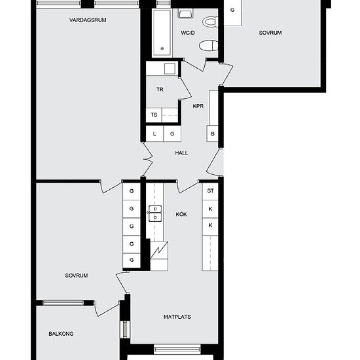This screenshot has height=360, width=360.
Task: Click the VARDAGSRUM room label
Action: (x=88, y=20)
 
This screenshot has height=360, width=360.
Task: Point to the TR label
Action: (x=159, y=90)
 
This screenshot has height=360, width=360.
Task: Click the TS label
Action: (x=154, y=115)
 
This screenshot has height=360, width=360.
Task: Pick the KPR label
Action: (x=198, y=105)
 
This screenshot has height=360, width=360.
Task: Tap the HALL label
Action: (x=181, y=153)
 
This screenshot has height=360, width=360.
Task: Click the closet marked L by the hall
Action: (x=154, y=134)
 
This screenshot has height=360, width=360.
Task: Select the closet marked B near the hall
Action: (x=213, y=134)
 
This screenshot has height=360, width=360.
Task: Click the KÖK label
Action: (x=181, y=214)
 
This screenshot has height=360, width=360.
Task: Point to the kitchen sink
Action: (x=156, y=214)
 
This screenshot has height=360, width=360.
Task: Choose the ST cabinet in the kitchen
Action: (x=210, y=191)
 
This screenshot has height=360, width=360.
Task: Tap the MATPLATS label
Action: (x=177, y=317)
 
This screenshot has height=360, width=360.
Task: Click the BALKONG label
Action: (x=61, y=334)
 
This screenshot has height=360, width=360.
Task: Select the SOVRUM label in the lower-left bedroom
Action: (x=77, y=276)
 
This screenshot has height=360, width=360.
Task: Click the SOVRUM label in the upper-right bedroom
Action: (x=270, y=33)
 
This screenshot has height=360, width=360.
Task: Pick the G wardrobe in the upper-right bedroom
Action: (x=232, y=11)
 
